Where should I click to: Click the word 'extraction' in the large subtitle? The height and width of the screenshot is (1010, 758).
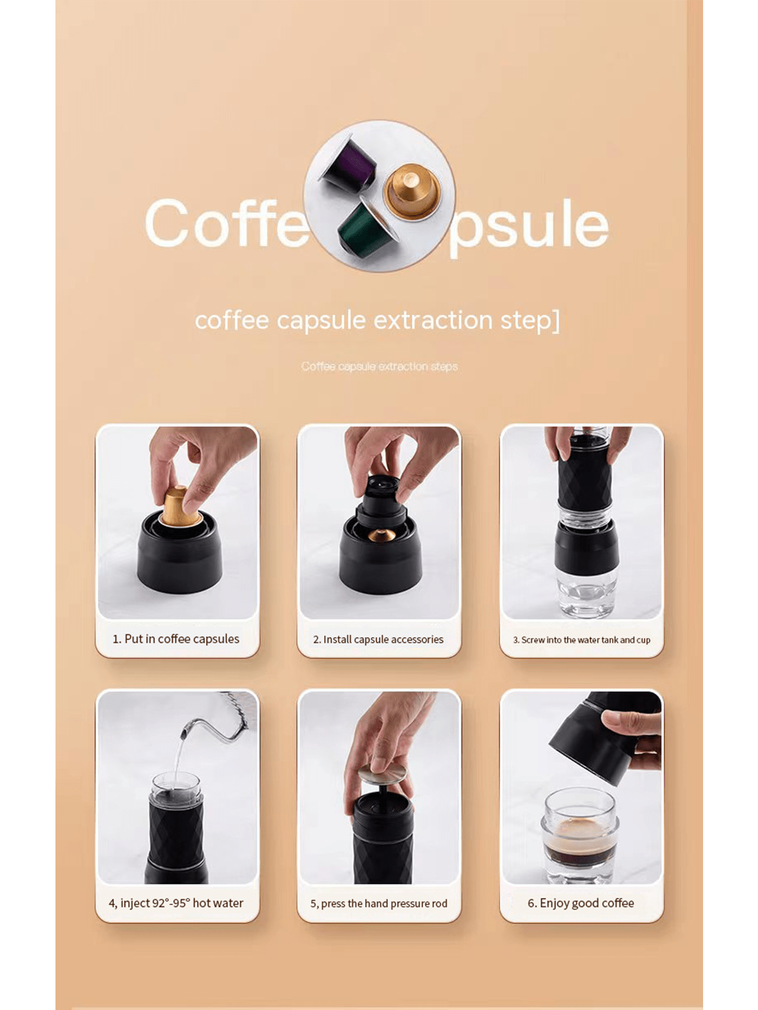pyautogui.click(x=434, y=320)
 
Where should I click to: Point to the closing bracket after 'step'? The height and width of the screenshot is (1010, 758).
pyautogui.click(x=555, y=320)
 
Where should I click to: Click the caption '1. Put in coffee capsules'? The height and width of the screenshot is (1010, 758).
pyautogui.click(x=176, y=639)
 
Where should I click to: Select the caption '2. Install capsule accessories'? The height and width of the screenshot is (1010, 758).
pyautogui.click(x=378, y=639)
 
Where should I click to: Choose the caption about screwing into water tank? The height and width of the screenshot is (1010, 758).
pyautogui.click(x=581, y=640)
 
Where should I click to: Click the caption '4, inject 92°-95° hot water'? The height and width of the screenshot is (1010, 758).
pyautogui.click(x=176, y=903)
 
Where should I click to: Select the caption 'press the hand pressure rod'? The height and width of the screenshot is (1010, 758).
pyautogui.click(x=378, y=904)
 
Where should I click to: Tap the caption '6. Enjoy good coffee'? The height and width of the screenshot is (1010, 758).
pyautogui.click(x=581, y=903)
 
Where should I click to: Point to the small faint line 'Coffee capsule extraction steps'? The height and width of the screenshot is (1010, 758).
pyautogui.click(x=379, y=367)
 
